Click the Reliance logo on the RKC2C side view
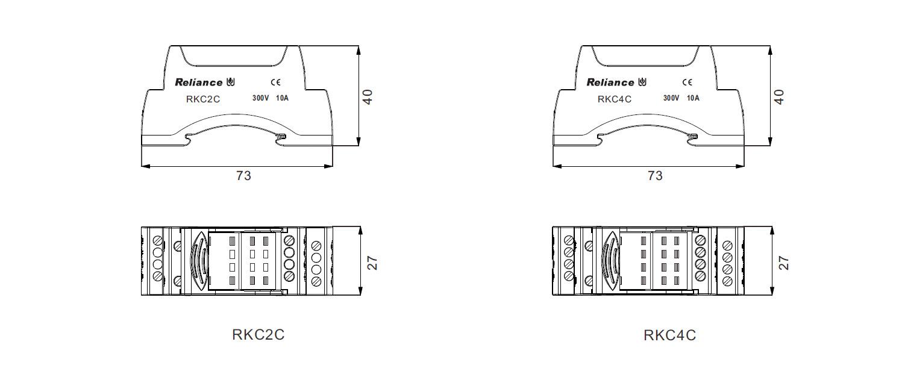[204, 82]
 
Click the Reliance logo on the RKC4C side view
[616, 82]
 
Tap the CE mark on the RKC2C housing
[276, 82]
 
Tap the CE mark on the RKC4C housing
[687, 82]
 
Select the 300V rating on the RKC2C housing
[260, 98]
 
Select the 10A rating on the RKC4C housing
[693, 98]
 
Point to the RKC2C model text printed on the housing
[203, 99]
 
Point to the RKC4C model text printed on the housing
[615, 99]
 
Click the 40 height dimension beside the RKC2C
[368, 97]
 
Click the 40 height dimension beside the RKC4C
[779, 97]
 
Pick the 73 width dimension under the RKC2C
[243, 175]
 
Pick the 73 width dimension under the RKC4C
[655, 175]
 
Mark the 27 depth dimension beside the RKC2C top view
[372, 263]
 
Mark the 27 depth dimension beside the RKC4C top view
[784, 263]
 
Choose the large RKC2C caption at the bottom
[258, 334]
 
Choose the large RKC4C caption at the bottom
[669, 335]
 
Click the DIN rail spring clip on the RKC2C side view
[281, 137]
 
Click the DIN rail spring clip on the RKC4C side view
[692, 137]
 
